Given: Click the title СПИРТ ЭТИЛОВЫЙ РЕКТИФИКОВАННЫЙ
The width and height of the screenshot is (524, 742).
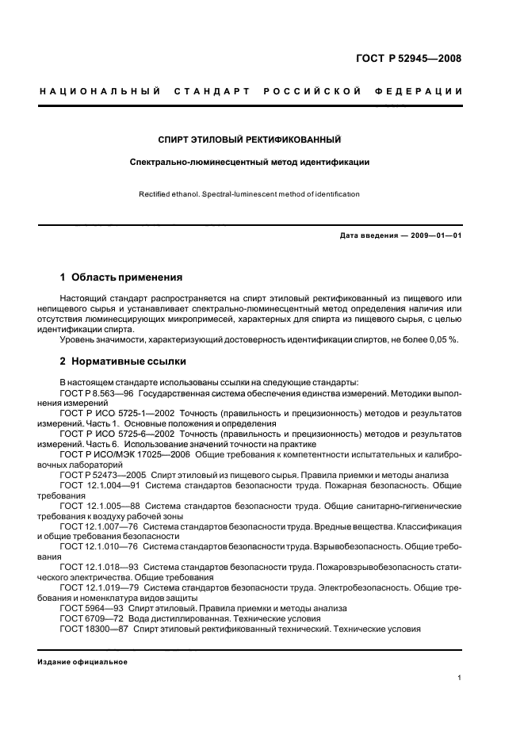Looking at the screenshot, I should (250, 140).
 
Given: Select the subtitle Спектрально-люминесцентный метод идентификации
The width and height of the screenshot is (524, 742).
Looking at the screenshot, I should (250, 163).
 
